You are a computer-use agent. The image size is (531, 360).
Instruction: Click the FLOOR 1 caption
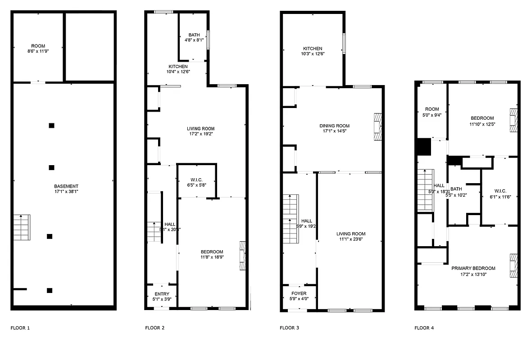point(20,328)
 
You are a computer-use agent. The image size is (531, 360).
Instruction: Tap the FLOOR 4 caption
point(424,328)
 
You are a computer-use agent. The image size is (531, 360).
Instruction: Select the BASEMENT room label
point(66,186)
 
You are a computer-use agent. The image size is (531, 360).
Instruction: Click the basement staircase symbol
point(22,228)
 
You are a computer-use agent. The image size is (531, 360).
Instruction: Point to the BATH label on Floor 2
point(194,35)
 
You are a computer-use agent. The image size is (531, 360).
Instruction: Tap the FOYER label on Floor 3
point(299,293)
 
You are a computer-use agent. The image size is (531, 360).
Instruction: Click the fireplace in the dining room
point(377,127)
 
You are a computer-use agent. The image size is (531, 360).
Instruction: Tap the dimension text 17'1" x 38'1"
point(66,192)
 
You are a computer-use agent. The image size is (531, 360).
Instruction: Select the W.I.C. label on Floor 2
point(197,180)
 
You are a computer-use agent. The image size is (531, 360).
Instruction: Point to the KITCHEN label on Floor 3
point(313,49)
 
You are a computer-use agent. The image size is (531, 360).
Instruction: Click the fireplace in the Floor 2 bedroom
point(243,256)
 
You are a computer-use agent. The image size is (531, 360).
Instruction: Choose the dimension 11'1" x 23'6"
point(351,239)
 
